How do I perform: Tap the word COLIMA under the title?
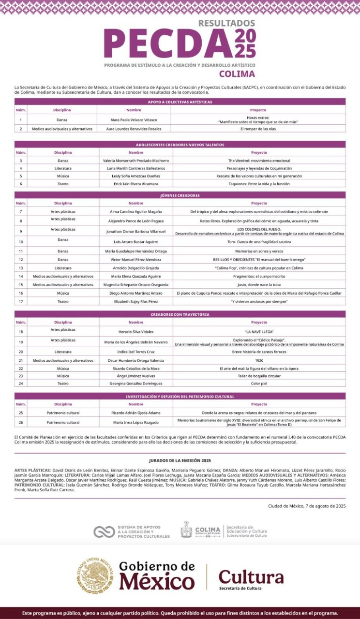pyautogui.click(x=237, y=74)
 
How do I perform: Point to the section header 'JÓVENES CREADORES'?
pyautogui.click(x=180, y=195)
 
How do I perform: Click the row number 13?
pyautogui.click(x=21, y=267)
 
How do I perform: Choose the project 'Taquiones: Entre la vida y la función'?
pyautogui.click(x=259, y=184)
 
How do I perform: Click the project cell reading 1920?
pyautogui.click(x=259, y=360)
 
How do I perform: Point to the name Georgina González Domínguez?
pyautogui.click(x=136, y=383)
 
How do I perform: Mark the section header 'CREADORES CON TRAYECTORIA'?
pyautogui.click(x=180, y=314)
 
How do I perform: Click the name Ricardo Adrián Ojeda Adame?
pyautogui.click(x=136, y=413)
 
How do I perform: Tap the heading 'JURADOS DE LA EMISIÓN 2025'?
pyautogui.click(x=180, y=460)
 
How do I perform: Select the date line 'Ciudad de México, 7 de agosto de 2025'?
pyautogui.click(x=307, y=506)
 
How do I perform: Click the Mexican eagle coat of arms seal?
pyautogui.click(x=95, y=575)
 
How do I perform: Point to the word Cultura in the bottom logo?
pyautogui.click(x=251, y=576)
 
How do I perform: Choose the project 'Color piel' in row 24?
pyautogui.click(x=259, y=383)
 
